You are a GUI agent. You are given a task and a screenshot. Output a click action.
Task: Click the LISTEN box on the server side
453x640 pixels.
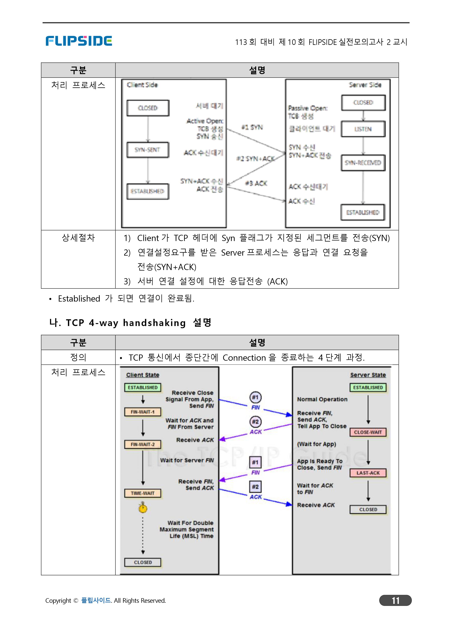pos(363,129)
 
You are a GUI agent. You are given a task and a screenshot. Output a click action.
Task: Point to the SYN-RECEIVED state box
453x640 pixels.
pos(363,163)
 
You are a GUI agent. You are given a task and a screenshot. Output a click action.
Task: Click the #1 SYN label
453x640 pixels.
pos(252,127)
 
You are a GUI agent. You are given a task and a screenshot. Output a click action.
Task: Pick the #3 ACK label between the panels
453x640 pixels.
pos(256,183)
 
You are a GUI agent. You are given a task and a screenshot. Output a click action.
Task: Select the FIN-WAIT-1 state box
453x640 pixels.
pos(143,412)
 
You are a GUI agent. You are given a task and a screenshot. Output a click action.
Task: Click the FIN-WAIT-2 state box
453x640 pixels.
pos(143,444)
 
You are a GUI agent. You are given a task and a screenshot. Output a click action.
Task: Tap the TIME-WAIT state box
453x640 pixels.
pos(143,493)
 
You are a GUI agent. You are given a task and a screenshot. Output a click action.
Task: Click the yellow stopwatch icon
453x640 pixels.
pos(143,508)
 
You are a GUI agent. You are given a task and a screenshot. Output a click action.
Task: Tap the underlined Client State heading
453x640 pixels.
pos(143,375)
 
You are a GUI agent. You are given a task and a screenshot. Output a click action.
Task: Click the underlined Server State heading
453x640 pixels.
pos(368,375)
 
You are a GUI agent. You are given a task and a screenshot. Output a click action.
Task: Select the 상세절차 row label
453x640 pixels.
pos(78,238)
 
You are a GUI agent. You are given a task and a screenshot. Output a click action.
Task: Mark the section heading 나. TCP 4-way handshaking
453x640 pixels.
pos(130,323)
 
